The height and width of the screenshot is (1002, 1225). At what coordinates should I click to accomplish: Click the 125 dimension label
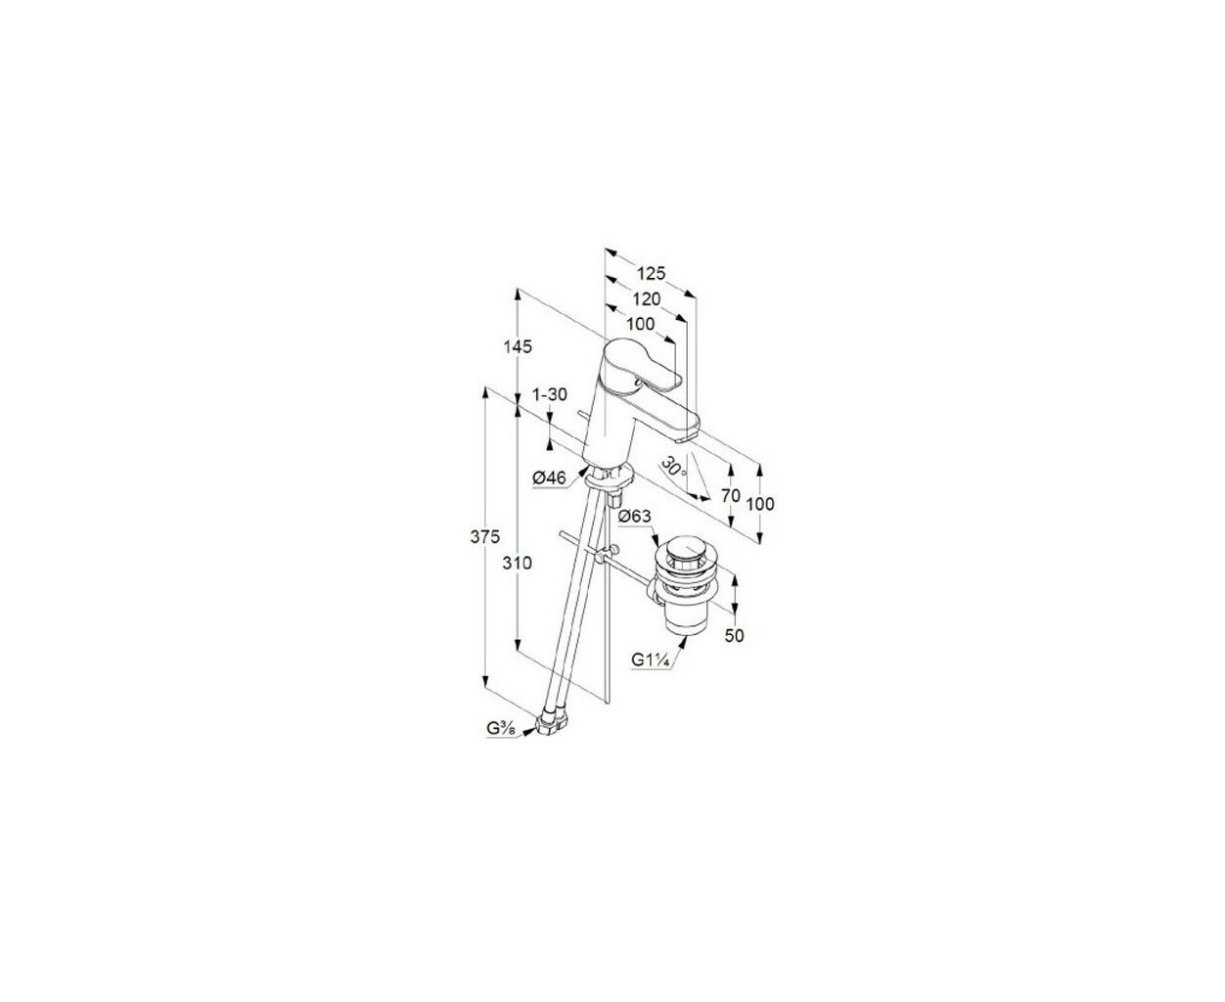[x=651, y=272]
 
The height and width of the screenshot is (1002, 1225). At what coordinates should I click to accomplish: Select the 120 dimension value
[x=647, y=298]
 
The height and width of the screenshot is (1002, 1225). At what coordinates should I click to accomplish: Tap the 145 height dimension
[x=518, y=346]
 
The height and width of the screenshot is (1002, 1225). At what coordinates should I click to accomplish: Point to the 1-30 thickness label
[x=550, y=394]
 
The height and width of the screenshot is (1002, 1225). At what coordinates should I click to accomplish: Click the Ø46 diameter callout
[x=549, y=478]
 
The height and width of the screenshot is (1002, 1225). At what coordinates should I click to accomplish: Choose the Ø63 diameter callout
[x=635, y=516]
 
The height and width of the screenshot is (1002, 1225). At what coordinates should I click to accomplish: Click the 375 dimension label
[x=485, y=537]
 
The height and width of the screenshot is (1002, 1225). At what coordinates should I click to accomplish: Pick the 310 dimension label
[x=518, y=563]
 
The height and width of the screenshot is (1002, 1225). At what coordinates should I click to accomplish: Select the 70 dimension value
[x=731, y=495]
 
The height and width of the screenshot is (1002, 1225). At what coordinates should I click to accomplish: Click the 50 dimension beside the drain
[x=734, y=635]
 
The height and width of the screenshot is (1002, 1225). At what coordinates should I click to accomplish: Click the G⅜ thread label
[x=501, y=728]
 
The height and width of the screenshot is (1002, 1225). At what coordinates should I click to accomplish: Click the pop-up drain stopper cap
[x=682, y=548]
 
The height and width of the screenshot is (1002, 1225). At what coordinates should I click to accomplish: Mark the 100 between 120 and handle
[x=641, y=324]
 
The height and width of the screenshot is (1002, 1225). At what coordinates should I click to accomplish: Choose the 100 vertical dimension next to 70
[x=760, y=504]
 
